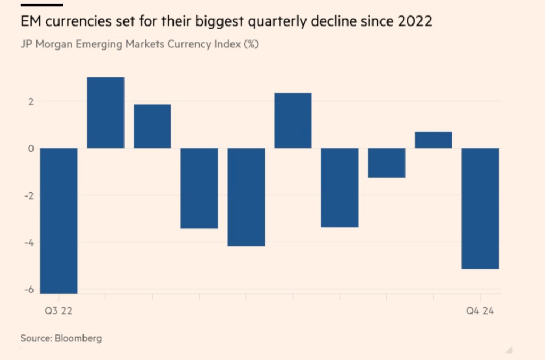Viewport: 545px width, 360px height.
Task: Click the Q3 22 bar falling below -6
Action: click(59, 220)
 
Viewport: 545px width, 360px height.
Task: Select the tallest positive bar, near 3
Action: click(105, 112)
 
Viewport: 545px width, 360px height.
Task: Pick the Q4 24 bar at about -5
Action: click(480, 208)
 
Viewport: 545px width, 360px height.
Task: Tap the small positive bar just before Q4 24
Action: click(433, 140)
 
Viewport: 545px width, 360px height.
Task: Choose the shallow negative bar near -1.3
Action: click(386, 162)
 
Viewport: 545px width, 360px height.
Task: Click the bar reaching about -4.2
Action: click(246, 197)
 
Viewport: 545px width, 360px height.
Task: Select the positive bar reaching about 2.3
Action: click(293, 120)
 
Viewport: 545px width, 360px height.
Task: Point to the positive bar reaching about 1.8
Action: click(152, 126)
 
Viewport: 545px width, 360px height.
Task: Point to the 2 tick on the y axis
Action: click(31, 101)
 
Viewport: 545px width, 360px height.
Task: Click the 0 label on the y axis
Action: click(31, 148)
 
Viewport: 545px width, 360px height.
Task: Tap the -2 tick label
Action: click(29, 195)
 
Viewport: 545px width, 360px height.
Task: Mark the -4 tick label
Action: click(29, 242)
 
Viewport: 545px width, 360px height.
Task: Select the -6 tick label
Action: click(29, 290)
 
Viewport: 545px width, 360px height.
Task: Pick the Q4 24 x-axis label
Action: click(480, 312)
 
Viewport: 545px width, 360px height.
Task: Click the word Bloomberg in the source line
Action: click(78, 338)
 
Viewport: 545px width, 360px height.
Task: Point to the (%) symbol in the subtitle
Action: click(251, 45)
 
